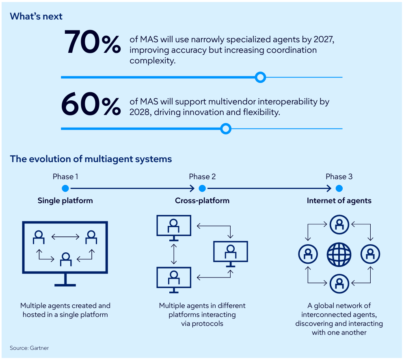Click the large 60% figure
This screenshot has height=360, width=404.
(x=91, y=105)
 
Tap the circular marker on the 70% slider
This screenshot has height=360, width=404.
(x=260, y=77)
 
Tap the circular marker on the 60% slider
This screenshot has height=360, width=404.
(x=226, y=129)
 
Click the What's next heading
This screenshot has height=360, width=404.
(x=36, y=16)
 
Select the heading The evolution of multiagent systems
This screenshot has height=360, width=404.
(x=91, y=159)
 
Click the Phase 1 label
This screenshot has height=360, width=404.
(x=65, y=176)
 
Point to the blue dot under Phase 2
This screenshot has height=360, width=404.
(x=202, y=189)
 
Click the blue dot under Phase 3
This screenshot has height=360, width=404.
(x=339, y=189)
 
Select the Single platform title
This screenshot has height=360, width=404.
(x=65, y=201)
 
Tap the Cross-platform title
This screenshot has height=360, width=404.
(x=202, y=201)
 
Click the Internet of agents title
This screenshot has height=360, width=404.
(x=339, y=201)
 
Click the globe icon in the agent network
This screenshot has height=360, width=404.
(x=339, y=255)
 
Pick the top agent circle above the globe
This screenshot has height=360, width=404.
(x=339, y=225)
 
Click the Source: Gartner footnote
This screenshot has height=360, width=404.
(x=29, y=348)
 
